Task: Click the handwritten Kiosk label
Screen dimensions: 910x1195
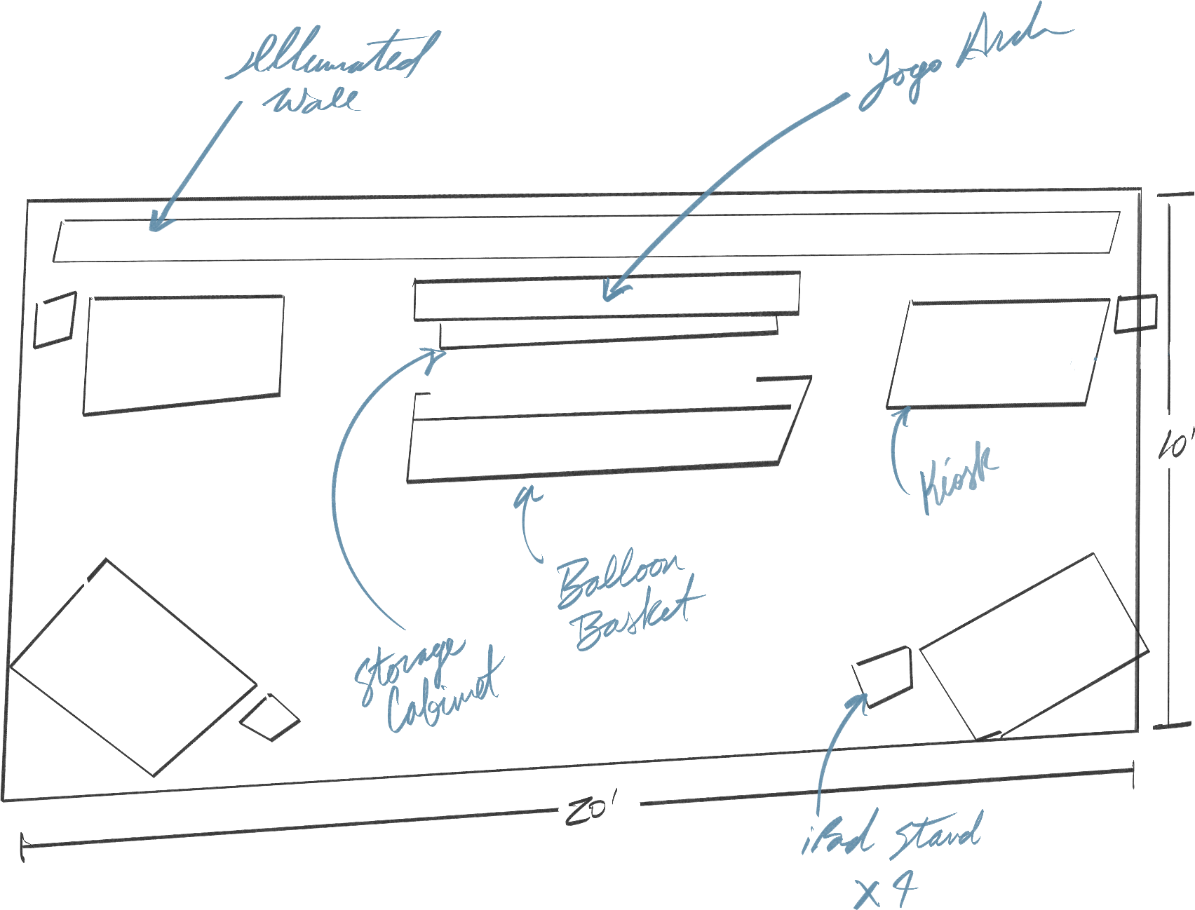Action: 957,477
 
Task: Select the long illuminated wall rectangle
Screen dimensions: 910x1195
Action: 586,239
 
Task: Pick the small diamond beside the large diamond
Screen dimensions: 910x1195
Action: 269,717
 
